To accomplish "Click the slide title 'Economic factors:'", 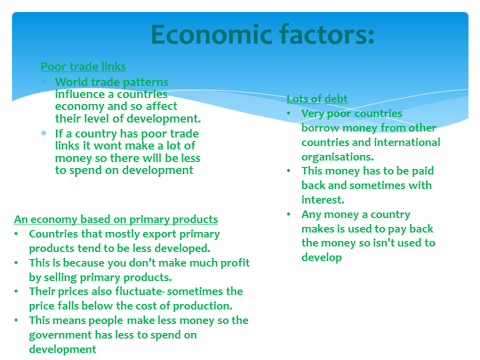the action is pyautogui.click(x=262, y=34).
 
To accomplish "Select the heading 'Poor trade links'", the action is pyautogui.click(x=83, y=66).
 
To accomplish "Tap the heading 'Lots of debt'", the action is pyautogui.click(x=317, y=98).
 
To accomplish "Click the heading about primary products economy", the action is pyautogui.click(x=116, y=219).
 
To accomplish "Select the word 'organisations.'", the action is pyautogui.click(x=337, y=157).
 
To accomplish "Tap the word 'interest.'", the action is pyautogui.click(x=323, y=200).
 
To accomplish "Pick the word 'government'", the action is pyautogui.click(x=60, y=335).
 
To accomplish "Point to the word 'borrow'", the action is pyautogui.click(x=320, y=127).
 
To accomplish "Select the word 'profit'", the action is pyautogui.click(x=235, y=263).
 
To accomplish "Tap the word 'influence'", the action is pyautogui.click(x=80, y=94).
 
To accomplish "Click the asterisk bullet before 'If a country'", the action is pyautogui.click(x=44, y=133).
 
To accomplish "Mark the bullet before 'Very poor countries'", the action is pyautogui.click(x=288, y=113).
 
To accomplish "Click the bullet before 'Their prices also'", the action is pyautogui.click(x=16, y=291).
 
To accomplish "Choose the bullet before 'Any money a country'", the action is pyautogui.click(x=288, y=214).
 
